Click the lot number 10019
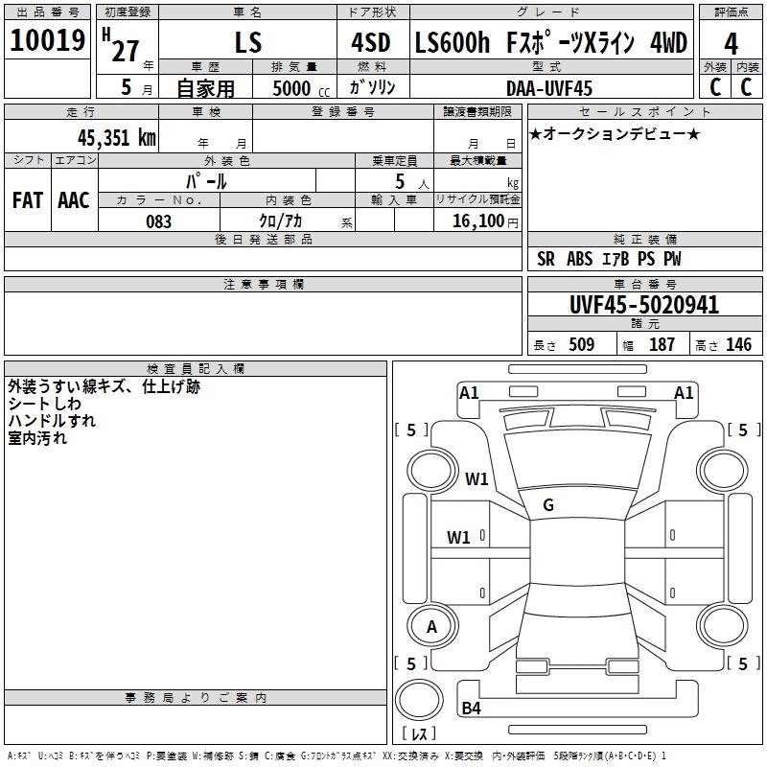[x=47, y=40]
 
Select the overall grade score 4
[x=731, y=44]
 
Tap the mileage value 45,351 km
[x=116, y=138]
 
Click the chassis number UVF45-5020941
[x=644, y=305]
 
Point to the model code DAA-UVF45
[x=548, y=88]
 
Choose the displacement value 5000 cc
[x=301, y=88]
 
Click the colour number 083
[x=159, y=221]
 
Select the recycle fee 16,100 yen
[x=485, y=221]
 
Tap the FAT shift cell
[x=28, y=200]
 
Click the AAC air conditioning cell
[x=74, y=200]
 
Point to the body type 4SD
[x=371, y=42]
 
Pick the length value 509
[x=581, y=344]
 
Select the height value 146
[x=738, y=344]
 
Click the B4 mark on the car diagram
[x=471, y=708]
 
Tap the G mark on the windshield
[x=548, y=505]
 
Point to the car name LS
[x=248, y=43]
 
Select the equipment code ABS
[x=579, y=259]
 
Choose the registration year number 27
[x=126, y=51]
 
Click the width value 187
[x=662, y=344]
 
